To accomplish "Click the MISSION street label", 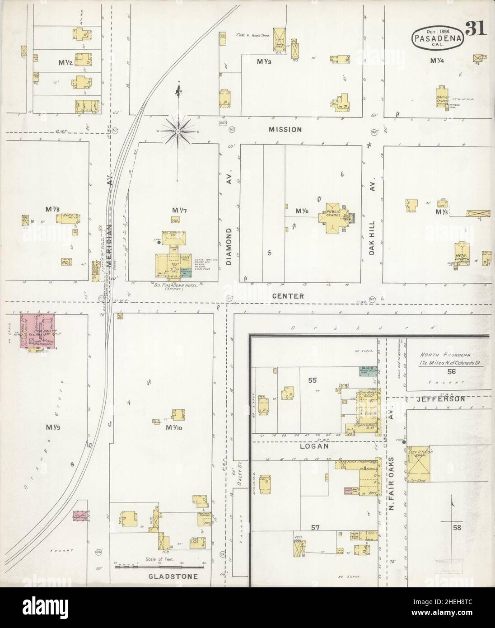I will (x=285, y=129).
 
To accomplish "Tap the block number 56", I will (x=450, y=371).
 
